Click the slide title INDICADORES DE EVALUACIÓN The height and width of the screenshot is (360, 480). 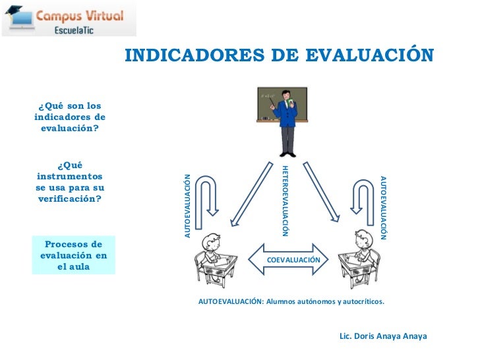pos(279,55)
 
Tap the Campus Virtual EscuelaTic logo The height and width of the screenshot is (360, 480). pos(69,18)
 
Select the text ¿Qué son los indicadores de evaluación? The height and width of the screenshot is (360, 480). pos(69,117)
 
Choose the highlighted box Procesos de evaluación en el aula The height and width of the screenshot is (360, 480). pos(74,255)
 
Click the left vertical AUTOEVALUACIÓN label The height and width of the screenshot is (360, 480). pos(188,206)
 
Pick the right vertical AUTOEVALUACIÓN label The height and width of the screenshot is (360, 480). pos(384,207)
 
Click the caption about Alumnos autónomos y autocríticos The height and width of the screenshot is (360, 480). pos(291,301)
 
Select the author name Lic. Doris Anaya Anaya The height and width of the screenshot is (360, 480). pos(383,336)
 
